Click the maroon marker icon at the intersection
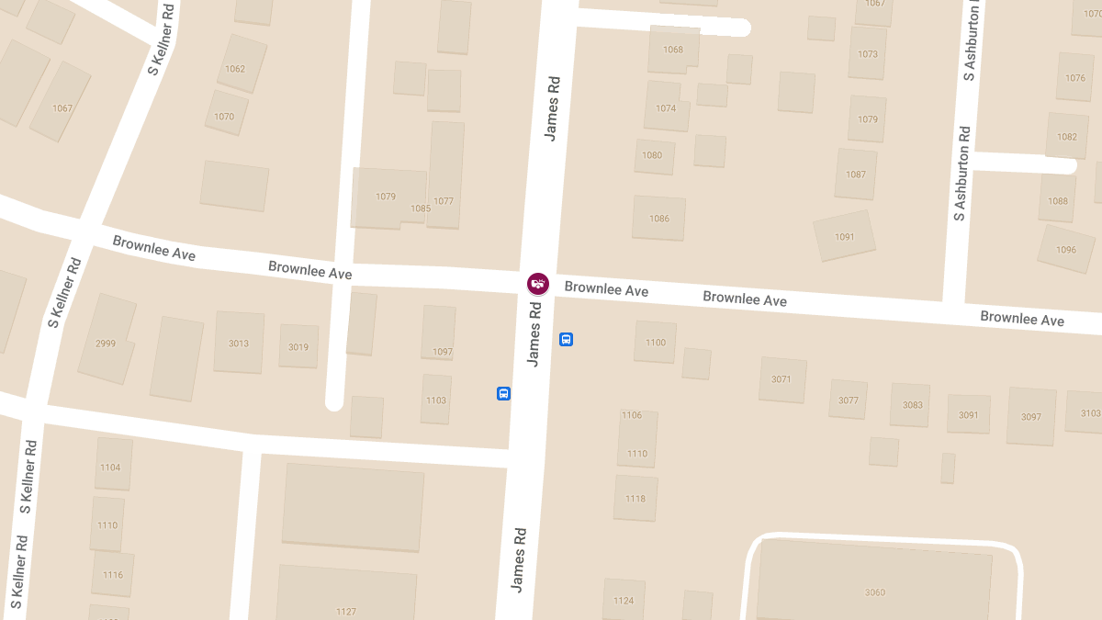click(538, 284)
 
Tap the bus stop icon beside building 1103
click(503, 394)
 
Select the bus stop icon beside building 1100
click(567, 339)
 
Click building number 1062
click(235, 69)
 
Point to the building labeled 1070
click(224, 117)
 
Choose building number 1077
click(444, 201)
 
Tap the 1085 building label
click(421, 209)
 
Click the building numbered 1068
click(673, 50)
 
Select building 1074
click(666, 108)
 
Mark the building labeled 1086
click(659, 219)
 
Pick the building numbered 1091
click(845, 237)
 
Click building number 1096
click(1066, 250)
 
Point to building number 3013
click(239, 344)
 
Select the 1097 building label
click(443, 352)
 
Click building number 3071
click(782, 379)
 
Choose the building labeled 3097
click(1031, 417)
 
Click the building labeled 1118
click(635, 499)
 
